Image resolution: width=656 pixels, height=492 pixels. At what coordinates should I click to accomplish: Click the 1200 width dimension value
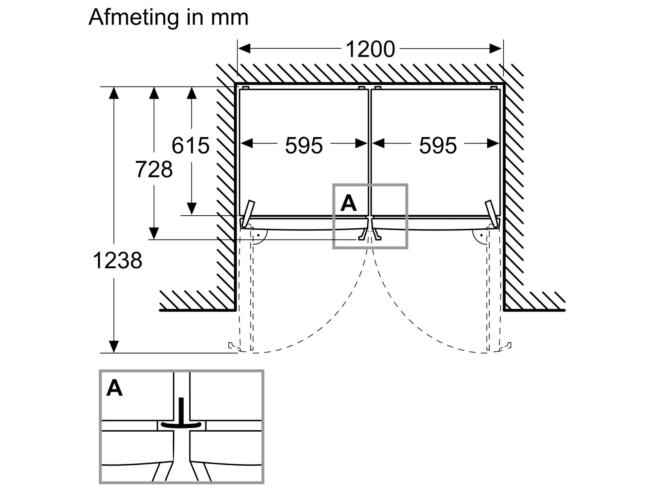point(370,49)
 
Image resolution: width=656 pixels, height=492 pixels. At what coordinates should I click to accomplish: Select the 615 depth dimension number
point(190,146)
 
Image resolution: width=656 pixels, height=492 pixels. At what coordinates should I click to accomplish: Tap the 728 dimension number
point(154,169)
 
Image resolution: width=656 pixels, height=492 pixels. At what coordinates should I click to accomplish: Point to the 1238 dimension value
point(117,260)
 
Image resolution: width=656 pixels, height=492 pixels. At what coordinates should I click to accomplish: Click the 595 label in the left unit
point(304,146)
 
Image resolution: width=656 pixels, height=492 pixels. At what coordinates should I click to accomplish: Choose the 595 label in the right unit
point(438,146)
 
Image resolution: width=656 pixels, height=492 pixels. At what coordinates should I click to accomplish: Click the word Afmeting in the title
point(134,18)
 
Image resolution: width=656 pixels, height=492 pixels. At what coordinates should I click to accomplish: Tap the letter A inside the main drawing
point(348,203)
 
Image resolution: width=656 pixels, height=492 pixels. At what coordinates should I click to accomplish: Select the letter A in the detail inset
point(114,388)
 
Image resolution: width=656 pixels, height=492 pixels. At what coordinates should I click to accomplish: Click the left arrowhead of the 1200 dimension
point(244,48)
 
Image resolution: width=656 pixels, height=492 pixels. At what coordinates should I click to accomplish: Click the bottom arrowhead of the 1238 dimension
point(114,346)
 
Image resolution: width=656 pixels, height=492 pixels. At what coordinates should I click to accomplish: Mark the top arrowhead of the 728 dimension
point(154,93)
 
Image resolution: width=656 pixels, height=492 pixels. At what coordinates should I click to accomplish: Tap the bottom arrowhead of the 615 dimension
point(191,209)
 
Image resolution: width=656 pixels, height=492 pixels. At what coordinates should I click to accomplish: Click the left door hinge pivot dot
point(258,235)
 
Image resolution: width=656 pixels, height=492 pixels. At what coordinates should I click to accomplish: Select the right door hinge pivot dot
point(481,235)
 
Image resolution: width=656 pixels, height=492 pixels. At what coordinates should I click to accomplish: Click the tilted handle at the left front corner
point(248,213)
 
